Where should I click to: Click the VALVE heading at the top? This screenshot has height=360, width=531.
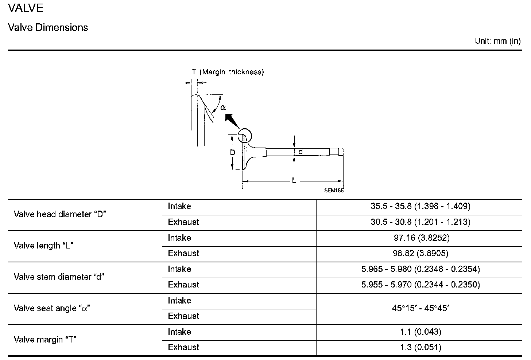point(26,8)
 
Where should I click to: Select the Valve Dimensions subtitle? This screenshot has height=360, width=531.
point(48,28)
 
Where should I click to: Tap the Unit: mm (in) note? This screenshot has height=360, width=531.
point(497,41)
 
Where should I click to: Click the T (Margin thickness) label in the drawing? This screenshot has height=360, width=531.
point(228,72)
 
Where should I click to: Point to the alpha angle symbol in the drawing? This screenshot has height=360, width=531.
point(223,107)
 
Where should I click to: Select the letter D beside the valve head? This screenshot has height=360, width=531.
point(233,152)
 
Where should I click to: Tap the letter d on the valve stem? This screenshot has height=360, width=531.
point(301,152)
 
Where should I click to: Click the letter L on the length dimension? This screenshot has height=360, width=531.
point(294,180)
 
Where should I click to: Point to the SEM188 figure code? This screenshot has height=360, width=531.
point(334,190)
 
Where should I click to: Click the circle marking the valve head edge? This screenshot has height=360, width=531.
point(245,136)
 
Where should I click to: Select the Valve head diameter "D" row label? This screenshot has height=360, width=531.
point(60,214)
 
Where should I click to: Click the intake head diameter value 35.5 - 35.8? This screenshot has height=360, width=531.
point(420,206)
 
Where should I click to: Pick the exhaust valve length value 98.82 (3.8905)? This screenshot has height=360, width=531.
point(420,253)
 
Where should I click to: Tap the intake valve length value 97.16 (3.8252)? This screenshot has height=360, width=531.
point(420,238)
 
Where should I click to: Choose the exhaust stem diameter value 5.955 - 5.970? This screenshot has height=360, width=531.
point(420,285)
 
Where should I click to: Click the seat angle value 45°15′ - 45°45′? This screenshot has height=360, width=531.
point(420,308)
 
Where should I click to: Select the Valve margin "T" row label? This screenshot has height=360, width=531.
point(45,340)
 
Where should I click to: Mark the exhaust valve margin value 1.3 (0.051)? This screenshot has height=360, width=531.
point(420,347)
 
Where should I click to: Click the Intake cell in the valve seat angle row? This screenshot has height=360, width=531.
point(179,301)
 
